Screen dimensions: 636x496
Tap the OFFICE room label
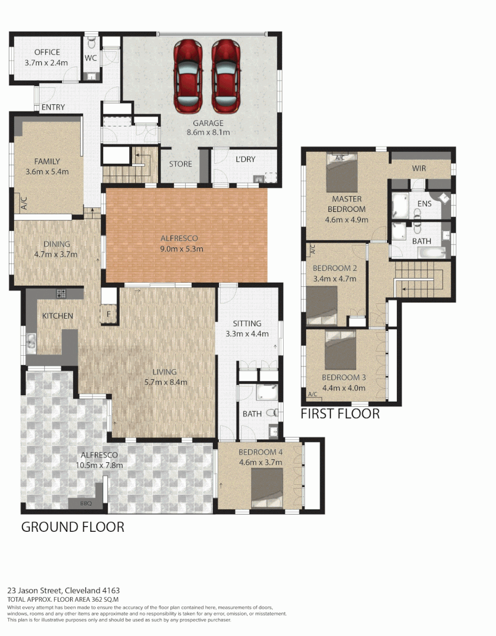[47, 52]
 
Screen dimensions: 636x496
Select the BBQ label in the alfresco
[77, 504]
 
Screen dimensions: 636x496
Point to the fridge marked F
[109, 314]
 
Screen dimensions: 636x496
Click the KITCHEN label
[57, 316]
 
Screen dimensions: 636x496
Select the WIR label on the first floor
[419, 168]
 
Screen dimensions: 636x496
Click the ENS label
[424, 204]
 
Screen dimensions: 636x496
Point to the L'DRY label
[245, 160]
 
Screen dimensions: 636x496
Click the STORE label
[180, 164]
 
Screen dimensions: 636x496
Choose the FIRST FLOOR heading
[340, 414]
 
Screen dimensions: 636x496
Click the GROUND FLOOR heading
[73, 526]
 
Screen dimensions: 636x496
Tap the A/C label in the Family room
[24, 204]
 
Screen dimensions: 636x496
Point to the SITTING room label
[247, 323]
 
